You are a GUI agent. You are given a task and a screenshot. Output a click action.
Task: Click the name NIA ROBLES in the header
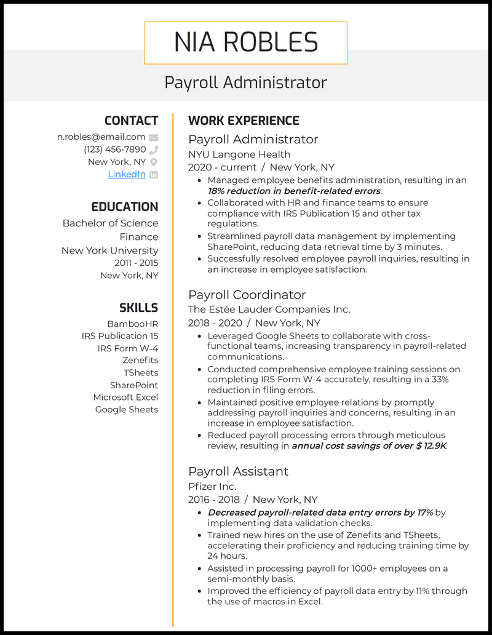point(246,42)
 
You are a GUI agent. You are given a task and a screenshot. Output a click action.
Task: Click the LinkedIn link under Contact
point(127,174)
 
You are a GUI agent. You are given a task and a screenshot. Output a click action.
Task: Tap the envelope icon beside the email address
point(154,137)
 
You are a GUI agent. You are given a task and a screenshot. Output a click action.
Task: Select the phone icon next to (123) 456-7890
point(154,150)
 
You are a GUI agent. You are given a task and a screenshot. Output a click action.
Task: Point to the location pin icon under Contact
point(154,162)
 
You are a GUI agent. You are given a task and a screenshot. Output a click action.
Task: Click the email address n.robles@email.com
point(101,137)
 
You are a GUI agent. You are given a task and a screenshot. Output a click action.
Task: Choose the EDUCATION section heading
point(125,207)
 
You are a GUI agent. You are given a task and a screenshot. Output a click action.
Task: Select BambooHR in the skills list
point(132,323)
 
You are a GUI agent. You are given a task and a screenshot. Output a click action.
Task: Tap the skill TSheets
point(140,372)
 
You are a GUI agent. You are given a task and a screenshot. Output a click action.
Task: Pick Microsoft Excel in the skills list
point(125,397)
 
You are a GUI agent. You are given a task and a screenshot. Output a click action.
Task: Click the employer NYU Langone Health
point(239,154)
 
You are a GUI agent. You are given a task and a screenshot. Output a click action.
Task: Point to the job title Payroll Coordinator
point(247,295)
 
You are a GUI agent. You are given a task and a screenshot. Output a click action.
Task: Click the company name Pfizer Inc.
point(212,486)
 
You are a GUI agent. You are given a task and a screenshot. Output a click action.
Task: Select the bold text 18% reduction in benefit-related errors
point(295,191)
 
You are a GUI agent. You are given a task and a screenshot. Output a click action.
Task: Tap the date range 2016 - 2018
point(215,499)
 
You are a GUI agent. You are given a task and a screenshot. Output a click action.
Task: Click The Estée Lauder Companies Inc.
point(269,310)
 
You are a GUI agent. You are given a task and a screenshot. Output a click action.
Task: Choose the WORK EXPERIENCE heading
point(244,121)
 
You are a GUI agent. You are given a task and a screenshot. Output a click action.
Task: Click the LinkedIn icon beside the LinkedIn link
point(154,174)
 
